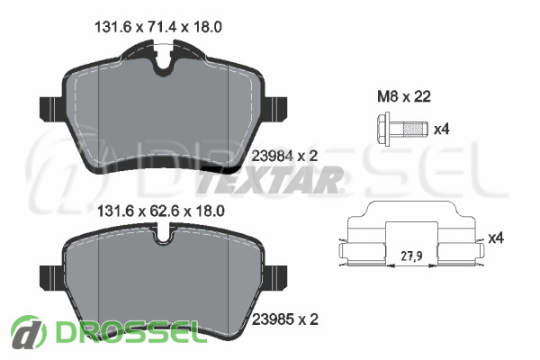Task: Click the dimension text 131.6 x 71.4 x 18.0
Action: coord(158,27)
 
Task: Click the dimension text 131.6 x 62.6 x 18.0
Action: coord(161,211)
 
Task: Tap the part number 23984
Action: coord(273,157)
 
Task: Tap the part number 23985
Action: coord(273,319)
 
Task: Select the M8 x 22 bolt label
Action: coord(404,97)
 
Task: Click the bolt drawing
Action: coord(402,130)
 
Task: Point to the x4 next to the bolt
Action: coord(441,130)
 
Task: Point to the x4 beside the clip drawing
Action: coord(496,238)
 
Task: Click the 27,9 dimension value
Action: coord(411,256)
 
